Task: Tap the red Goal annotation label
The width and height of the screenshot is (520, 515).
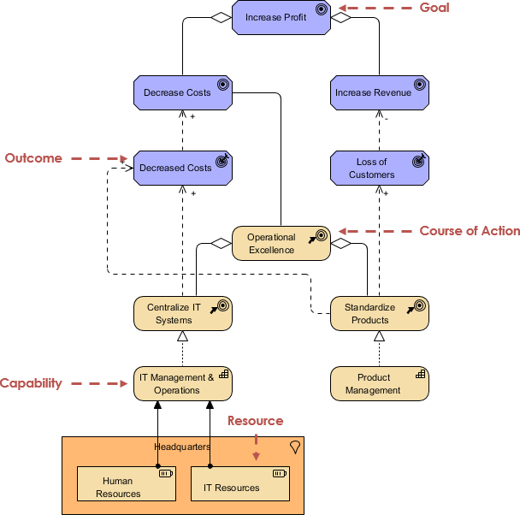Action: [x=434, y=8]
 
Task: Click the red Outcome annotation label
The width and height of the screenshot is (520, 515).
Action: [x=33, y=158]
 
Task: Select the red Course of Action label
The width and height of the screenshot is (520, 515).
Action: [x=470, y=231]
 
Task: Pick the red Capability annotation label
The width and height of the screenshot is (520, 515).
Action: [x=31, y=383]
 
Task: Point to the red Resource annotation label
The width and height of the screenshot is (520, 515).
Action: [x=255, y=421]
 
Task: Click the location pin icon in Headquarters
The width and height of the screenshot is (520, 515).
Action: [x=295, y=447]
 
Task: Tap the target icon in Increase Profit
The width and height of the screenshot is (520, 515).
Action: [x=321, y=10]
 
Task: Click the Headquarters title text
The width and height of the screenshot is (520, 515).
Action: [x=182, y=447]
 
